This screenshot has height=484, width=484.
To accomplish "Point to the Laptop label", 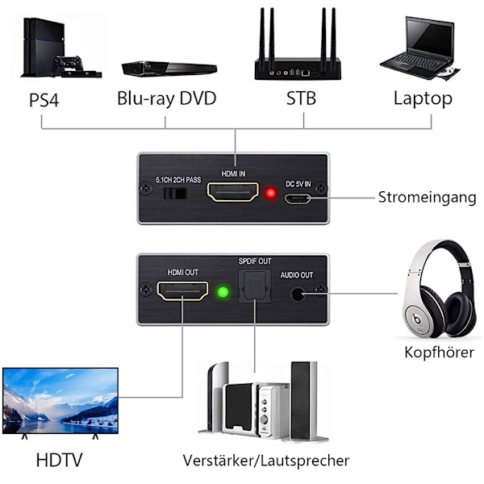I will coord(423,100).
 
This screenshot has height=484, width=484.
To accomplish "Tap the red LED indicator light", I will coord(271,194).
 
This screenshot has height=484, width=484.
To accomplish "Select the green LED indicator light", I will coord(224,292).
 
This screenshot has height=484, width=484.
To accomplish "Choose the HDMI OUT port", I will coord(181,292).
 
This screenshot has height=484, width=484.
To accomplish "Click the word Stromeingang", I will coord(427,198).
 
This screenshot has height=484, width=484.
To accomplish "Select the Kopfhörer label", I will coord(439,353).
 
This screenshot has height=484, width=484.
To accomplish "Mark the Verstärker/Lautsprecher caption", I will coord(265,461).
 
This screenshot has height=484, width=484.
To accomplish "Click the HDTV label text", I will coord(60,461).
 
